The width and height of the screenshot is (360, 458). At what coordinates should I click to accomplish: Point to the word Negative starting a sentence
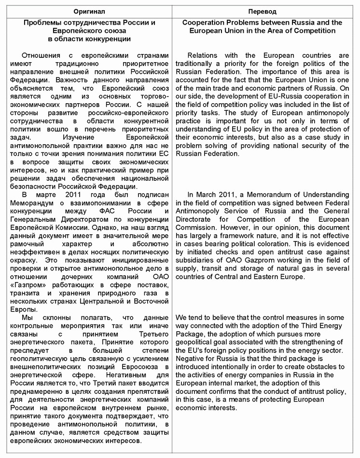point(190,359)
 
